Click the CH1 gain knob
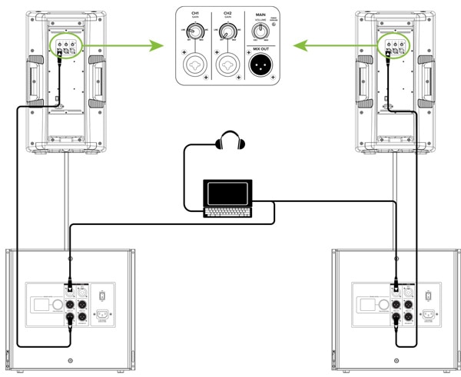(195, 30)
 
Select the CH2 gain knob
(229, 30)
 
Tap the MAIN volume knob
(262, 31)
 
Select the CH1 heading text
(195, 13)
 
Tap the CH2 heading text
(229, 13)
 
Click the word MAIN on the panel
(262, 13)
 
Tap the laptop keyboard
(227, 210)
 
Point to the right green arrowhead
(306, 45)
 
